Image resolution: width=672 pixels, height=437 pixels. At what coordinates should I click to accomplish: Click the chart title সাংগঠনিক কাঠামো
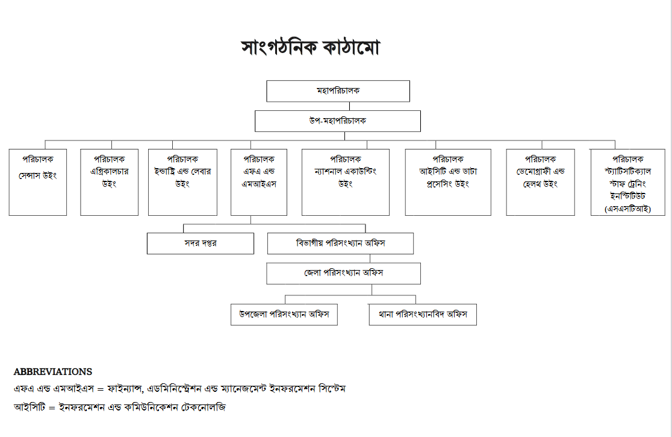[x=310, y=47]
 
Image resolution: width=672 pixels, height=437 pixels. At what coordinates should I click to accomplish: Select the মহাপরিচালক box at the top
[x=338, y=91]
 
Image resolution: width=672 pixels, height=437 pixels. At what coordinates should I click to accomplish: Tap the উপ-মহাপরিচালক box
[x=338, y=121]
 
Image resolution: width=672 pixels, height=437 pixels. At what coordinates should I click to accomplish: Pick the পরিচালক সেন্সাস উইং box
[x=38, y=182]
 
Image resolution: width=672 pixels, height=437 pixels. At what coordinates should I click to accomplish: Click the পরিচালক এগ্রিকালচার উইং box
[x=109, y=182]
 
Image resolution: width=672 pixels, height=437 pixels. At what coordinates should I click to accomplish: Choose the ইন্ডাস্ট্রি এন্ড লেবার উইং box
[x=182, y=182]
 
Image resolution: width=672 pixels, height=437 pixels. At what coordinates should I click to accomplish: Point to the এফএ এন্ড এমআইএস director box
[x=259, y=182]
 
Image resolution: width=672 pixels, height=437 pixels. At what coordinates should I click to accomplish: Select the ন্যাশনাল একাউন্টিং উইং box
[x=346, y=182]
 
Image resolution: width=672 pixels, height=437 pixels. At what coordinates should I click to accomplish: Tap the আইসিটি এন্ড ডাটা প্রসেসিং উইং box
[x=448, y=182]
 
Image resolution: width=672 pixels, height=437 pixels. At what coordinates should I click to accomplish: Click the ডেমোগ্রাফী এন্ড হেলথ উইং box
[x=540, y=182]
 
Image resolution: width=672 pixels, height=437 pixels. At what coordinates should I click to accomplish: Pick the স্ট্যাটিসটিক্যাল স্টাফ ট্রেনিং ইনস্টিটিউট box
[x=628, y=182]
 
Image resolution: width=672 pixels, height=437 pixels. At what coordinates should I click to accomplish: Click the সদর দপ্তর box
[x=201, y=244]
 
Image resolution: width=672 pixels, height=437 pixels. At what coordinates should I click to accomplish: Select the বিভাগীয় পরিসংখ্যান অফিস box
[x=341, y=244]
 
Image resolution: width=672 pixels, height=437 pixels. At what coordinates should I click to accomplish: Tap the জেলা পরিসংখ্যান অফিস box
[x=344, y=273]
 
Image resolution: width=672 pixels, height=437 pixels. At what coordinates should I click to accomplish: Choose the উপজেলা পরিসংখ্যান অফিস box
[x=284, y=315]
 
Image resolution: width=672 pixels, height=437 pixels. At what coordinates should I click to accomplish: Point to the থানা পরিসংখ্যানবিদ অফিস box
[x=423, y=315]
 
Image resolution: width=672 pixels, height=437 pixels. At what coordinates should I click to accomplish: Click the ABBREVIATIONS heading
[x=53, y=372]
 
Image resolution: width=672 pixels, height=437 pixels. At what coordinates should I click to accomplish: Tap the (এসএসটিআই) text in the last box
[x=628, y=209]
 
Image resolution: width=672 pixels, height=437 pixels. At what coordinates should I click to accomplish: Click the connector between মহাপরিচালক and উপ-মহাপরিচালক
[x=349, y=106]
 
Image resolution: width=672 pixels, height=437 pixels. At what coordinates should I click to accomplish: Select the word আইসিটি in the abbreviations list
[x=29, y=407]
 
